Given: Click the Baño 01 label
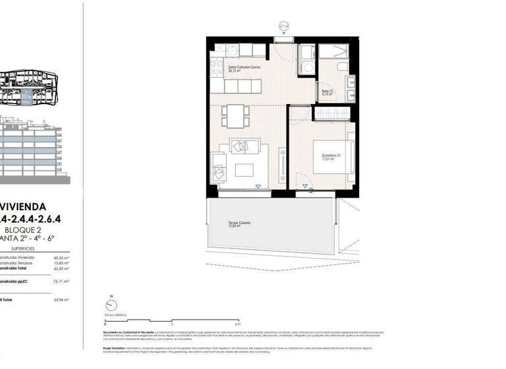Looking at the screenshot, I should (x=327, y=92).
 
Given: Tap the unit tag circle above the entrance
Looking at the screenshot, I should (x=284, y=26).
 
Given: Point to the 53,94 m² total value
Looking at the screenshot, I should (x=62, y=299).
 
